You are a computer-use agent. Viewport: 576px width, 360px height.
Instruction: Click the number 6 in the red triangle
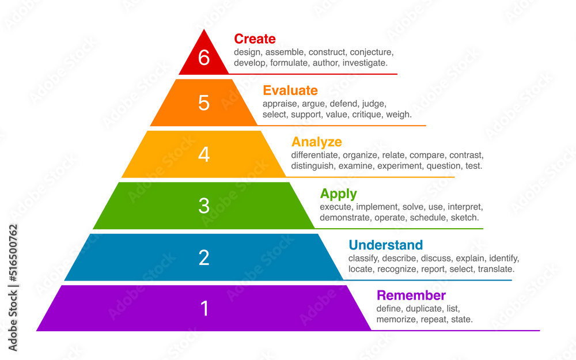tap(204, 58)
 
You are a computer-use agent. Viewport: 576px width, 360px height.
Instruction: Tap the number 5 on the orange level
tap(204, 103)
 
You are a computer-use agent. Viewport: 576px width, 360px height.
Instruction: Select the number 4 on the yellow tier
tap(204, 154)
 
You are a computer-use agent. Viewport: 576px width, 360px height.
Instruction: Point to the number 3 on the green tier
tap(204, 206)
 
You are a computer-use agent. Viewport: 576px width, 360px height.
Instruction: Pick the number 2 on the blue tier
tap(204, 257)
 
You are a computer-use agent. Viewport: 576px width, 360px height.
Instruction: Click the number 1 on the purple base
tap(204, 309)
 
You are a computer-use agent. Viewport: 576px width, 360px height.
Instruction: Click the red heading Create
tap(255, 39)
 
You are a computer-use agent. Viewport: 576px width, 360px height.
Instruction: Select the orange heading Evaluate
tap(290, 90)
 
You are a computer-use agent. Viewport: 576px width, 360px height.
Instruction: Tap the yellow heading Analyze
tap(316, 142)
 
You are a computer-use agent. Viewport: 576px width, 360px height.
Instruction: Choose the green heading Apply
tap(338, 194)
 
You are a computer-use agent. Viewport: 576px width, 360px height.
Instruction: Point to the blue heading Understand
tap(385, 245)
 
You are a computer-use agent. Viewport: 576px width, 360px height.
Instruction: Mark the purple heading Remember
tap(411, 295)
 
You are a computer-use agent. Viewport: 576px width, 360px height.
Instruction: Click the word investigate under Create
tap(365, 63)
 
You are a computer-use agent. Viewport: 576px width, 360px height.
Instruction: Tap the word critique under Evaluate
tap(366, 115)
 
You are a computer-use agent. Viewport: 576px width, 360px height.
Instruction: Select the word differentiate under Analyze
tap(314, 156)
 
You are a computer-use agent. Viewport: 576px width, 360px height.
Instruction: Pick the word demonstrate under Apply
tap(344, 218)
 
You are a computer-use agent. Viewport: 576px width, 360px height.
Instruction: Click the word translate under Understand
tap(495, 269)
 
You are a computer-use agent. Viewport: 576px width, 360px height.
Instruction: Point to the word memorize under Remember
tap(396, 320)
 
